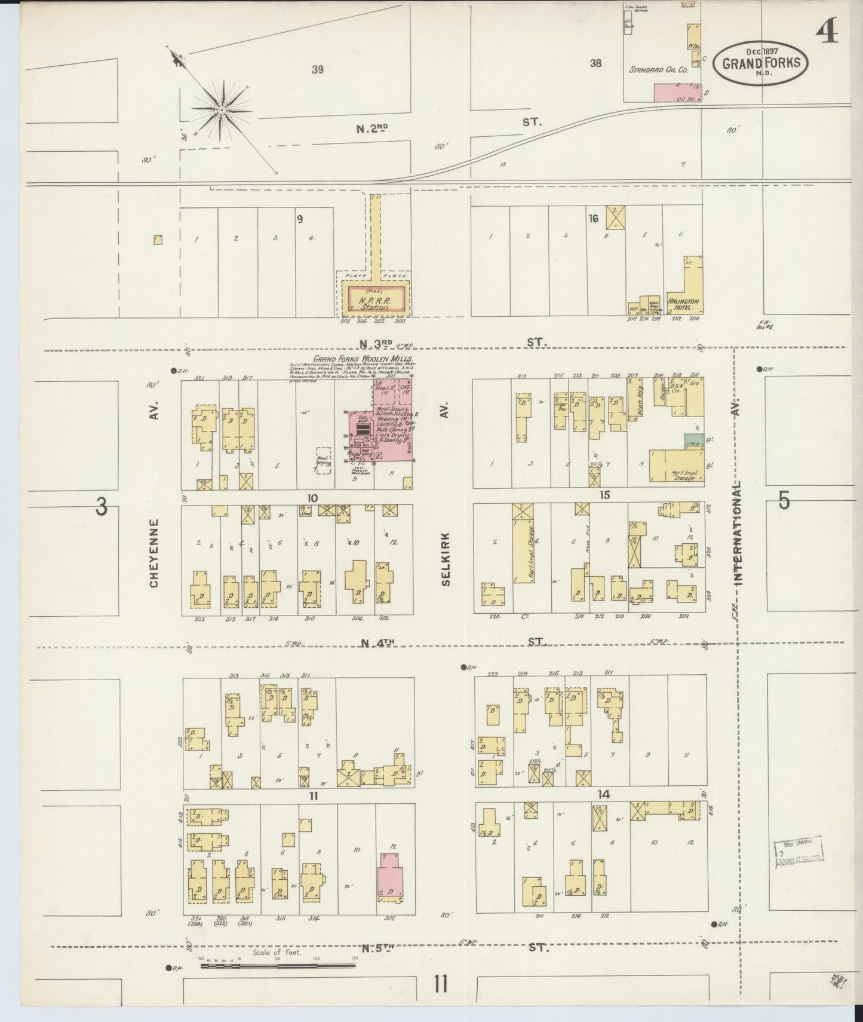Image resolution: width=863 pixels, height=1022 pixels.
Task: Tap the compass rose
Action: (221, 110)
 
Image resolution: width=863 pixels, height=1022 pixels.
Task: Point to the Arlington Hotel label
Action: (683, 304)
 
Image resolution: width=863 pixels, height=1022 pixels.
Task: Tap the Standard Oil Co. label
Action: (658, 70)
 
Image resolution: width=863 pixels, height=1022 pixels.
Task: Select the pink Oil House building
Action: (677, 92)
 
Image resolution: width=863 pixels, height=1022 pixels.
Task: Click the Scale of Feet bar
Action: (278, 965)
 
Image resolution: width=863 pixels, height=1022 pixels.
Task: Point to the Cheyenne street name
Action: (154, 553)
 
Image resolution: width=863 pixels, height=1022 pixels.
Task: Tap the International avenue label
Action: (739, 532)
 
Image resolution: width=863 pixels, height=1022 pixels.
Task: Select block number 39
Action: (317, 69)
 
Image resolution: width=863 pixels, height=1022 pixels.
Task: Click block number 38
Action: (595, 63)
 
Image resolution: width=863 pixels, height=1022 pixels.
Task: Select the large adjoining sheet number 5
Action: (784, 501)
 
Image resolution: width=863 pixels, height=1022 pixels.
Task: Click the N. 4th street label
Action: (379, 643)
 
